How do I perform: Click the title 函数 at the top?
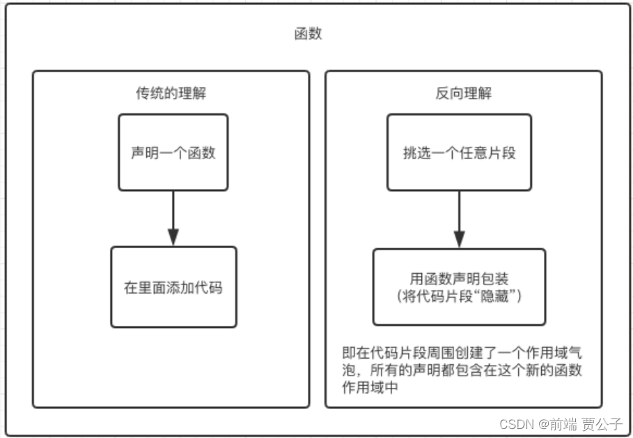[x=308, y=34]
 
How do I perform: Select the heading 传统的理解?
[x=171, y=94]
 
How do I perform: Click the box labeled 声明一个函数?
[x=173, y=152]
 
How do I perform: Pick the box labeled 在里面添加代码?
[x=173, y=286]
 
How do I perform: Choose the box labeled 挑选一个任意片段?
[x=459, y=152]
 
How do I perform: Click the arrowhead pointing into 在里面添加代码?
[x=173, y=237]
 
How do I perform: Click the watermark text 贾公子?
[x=602, y=423]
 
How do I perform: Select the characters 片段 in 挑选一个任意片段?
[x=501, y=152]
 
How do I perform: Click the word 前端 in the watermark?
[x=562, y=423]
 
